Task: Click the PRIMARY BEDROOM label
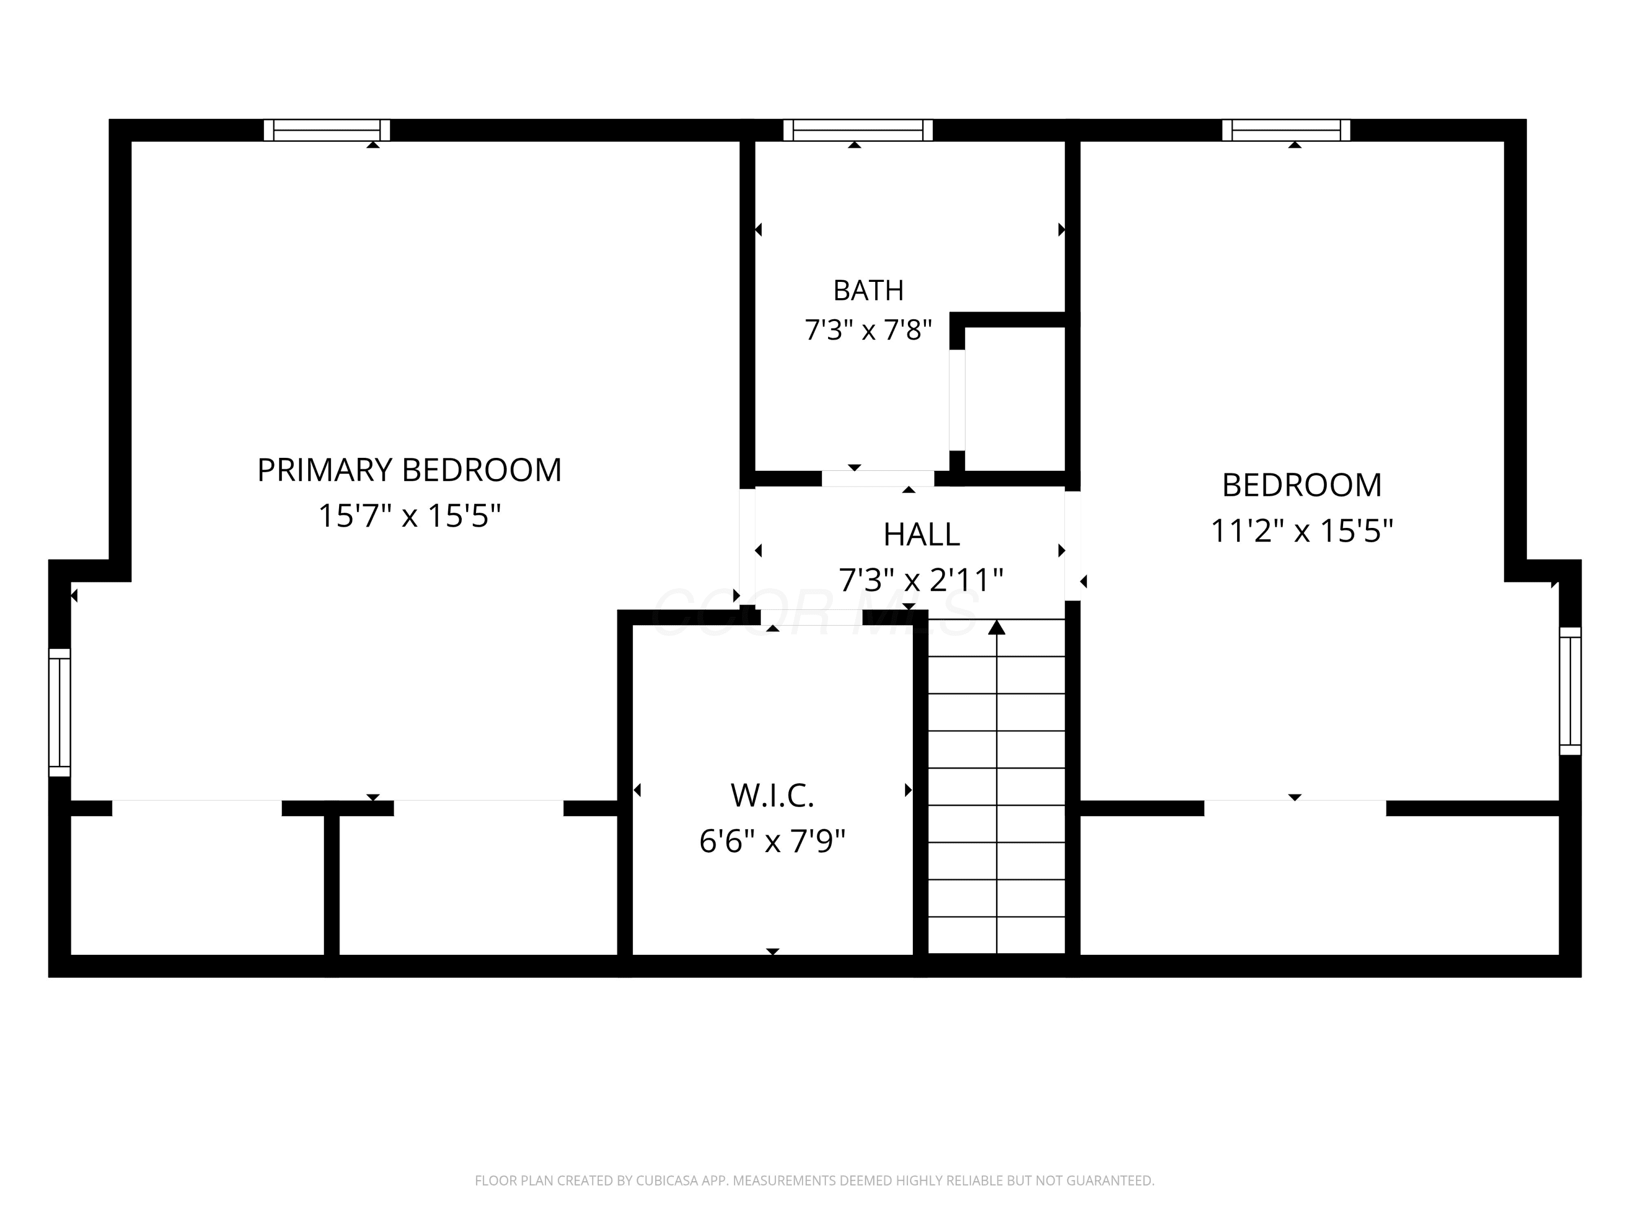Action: click(x=409, y=470)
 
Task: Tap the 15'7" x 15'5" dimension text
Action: click(x=409, y=515)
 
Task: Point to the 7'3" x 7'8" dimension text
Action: click(x=868, y=330)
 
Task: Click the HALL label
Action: click(x=921, y=535)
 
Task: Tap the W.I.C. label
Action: click(x=772, y=796)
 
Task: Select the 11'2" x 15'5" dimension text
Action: click(x=1302, y=530)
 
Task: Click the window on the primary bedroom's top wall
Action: click(x=327, y=130)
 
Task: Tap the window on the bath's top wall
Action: click(x=858, y=130)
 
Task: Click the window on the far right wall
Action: click(x=1570, y=691)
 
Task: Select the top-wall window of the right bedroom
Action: click(x=1286, y=130)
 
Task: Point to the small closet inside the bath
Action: click(x=1015, y=399)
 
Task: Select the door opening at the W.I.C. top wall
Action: click(x=811, y=618)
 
